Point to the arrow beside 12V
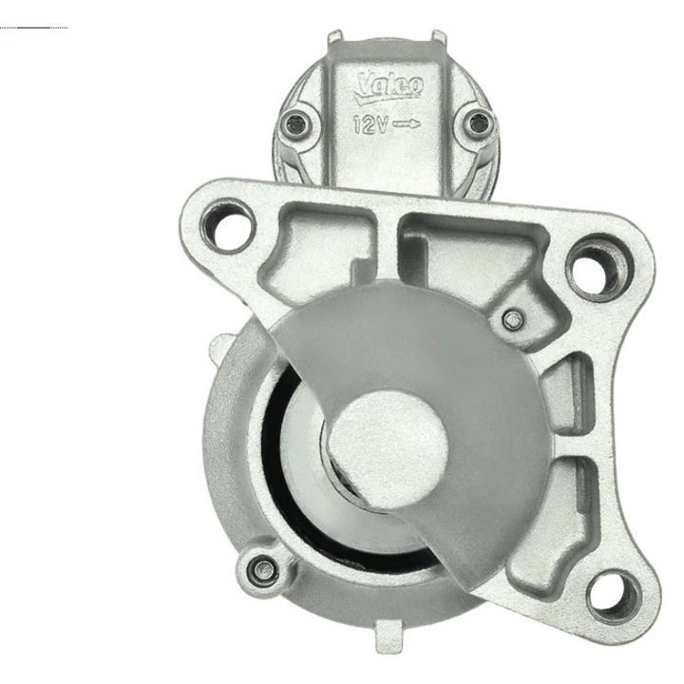tap(407, 124)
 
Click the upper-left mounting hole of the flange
tap(228, 225)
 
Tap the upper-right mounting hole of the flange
tap(596, 268)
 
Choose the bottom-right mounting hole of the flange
tap(615, 594)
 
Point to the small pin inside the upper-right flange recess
tap(512, 321)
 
